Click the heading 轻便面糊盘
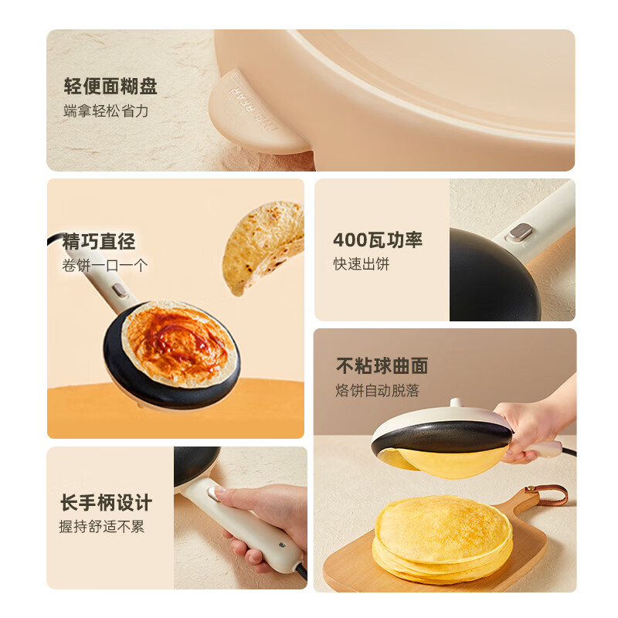click(110, 86)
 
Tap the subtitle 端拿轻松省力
click(106, 111)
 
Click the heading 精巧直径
click(99, 242)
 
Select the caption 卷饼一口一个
click(104, 266)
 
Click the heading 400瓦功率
click(378, 239)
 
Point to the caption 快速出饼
click(362, 264)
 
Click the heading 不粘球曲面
click(382, 365)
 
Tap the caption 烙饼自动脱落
click(377, 390)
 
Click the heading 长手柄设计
click(106, 502)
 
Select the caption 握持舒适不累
click(101, 527)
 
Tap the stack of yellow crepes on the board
click(443, 537)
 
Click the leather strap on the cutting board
click(545, 493)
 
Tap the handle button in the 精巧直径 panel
click(118, 290)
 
